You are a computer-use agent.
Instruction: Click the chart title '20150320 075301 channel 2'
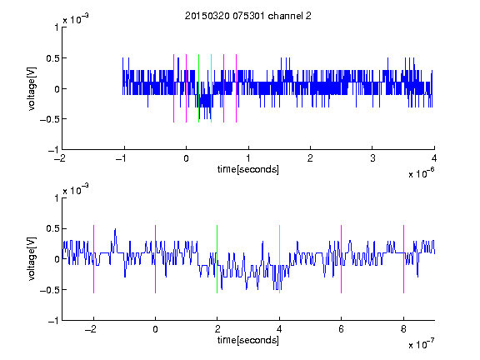click(248, 16)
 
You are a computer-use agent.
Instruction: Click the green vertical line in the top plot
click(198, 88)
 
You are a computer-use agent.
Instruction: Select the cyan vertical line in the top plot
click(211, 88)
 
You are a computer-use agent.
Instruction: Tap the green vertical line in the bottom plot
click(217, 259)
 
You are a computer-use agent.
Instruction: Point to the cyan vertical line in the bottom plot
click(279, 259)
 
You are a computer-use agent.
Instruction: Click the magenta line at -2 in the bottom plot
click(93, 259)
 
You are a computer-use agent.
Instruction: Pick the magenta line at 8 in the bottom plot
click(404, 259)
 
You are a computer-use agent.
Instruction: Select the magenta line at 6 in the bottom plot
click(342, 259)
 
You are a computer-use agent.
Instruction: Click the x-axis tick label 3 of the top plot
click(372, 158)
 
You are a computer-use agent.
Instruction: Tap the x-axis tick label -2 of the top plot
click(60, 158)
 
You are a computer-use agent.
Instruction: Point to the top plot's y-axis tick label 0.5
click(52, 58)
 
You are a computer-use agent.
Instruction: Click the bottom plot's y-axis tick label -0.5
click(50, 290)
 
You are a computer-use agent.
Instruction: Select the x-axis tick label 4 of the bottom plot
click(279, 329)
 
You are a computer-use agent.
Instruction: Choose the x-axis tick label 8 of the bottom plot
click(403, 329)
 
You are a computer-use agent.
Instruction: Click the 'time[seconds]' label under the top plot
click(248, 169)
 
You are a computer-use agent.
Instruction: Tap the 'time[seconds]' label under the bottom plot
click(248, 340)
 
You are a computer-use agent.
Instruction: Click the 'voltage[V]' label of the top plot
click(32, 88)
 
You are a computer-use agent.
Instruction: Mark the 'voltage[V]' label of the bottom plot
click(32, 258)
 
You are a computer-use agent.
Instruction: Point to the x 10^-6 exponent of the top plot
click(422, 172)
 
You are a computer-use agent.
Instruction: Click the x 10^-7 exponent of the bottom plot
click(422, 343)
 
